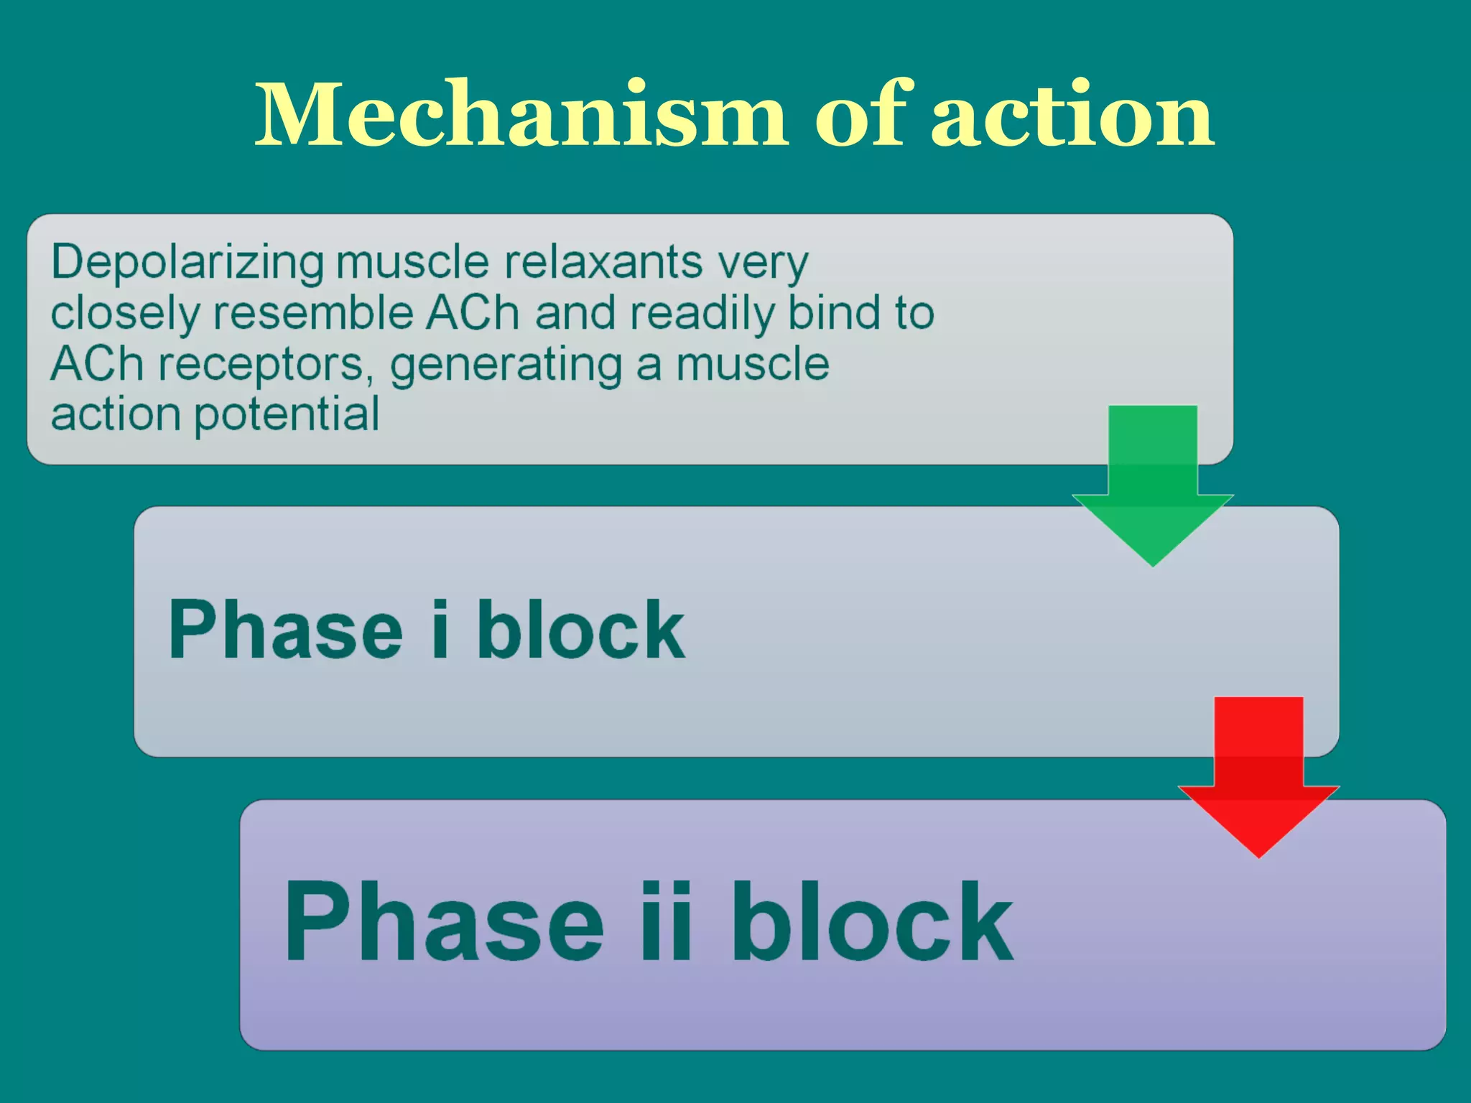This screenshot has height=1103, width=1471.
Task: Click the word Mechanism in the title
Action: tap(521, 115)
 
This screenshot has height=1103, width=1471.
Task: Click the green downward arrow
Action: tap(1153, 488)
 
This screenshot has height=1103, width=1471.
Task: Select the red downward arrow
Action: tap(1258, 779)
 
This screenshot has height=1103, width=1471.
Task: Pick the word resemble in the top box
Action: tap(313, 313)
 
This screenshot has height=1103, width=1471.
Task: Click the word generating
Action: tap(506, 365)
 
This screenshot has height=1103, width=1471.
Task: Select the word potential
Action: tap(287, 415)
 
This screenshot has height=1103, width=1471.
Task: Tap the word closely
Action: tap(125, 313)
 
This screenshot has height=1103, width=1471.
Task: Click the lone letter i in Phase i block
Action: tap(440, 629)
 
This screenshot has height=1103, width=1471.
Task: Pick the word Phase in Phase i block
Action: tap(285, 629)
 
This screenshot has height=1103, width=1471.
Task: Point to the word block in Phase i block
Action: tap(580, 629)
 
